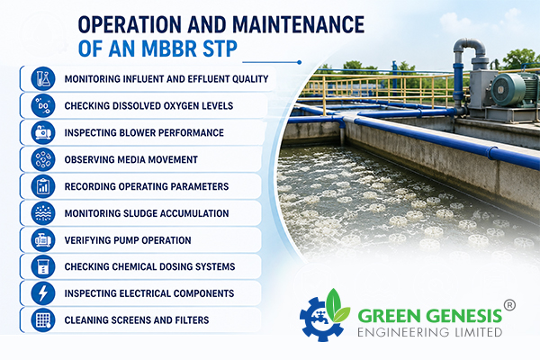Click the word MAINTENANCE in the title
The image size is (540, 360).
298,24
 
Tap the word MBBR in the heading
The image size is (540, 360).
169,49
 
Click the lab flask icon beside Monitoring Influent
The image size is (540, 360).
43,79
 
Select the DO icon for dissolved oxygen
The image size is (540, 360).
43,106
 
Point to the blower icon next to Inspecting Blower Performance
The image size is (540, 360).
43,132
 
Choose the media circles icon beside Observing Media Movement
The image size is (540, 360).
43,159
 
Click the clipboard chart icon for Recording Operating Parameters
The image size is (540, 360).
43,186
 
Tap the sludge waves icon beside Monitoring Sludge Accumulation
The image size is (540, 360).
43,213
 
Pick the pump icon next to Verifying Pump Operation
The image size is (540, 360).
43,239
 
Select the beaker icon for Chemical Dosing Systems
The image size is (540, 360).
43,266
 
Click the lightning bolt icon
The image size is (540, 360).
43,293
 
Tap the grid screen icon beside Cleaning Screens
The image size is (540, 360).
43,320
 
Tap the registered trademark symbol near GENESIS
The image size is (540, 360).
509,305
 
